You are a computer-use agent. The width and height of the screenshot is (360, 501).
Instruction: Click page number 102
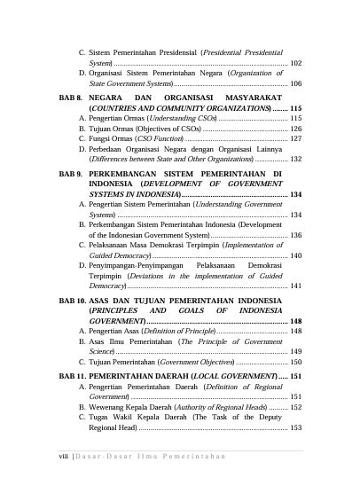click(x=296, y=63)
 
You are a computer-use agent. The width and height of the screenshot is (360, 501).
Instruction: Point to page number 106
click(x=296, y=82)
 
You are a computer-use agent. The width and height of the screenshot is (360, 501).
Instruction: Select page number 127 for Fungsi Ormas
click(x=296, y=138)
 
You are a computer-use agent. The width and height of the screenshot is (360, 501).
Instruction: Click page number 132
click(x=296, y=159)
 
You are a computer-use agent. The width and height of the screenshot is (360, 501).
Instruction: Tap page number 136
click(x=296, y=235)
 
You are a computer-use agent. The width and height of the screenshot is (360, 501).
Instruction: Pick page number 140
click(x=296, y=255)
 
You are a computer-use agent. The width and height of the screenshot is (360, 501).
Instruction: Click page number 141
click(x=296, y=286)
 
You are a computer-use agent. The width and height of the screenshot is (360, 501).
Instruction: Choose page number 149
click(x=296, y=351)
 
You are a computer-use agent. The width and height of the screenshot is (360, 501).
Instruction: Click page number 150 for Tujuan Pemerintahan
click(x=296, y=362)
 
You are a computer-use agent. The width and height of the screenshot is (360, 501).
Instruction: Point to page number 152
click(x=296, y=407)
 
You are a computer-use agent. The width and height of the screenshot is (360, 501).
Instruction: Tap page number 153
click(x=296, y=427)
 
